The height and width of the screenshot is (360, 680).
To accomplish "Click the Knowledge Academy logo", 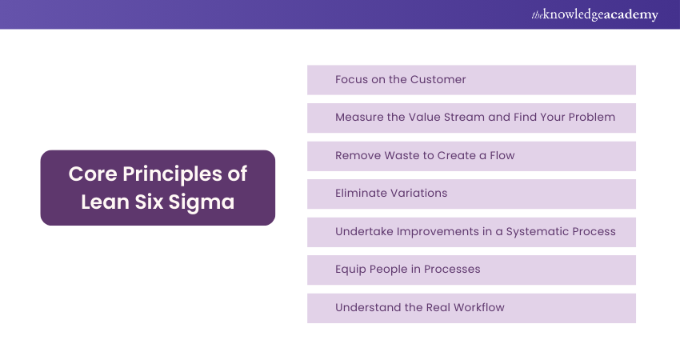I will (595, 14).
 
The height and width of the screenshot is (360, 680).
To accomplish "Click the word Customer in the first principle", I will (438, 80).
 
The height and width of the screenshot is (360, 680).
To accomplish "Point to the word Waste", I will (402, 156).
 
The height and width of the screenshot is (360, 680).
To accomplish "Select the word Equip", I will (350, 270).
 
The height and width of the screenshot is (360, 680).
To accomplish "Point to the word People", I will (390, 270).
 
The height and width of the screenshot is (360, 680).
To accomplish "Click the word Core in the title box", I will (89, 174).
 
